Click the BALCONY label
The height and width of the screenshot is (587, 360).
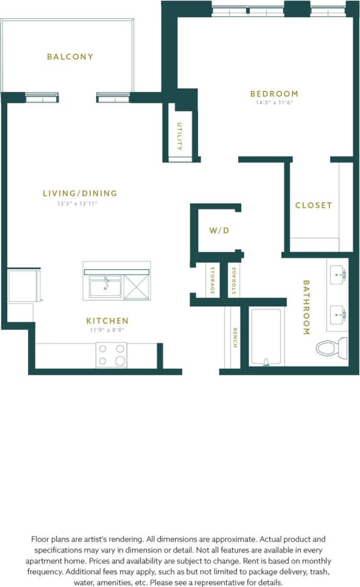(70, 57)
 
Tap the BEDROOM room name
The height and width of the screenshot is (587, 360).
(274, 94)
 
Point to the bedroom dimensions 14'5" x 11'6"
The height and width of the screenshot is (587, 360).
(274, 103)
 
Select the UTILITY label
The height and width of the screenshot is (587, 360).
(180, 136)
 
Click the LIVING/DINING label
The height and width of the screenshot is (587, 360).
(80, 194)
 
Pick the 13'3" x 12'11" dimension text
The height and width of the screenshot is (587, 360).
(77, 203)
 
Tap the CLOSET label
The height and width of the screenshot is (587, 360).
(314, 205)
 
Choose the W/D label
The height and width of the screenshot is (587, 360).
(218, 231)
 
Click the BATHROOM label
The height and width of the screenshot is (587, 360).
(306, 308)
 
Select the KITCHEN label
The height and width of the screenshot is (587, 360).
(107, 321)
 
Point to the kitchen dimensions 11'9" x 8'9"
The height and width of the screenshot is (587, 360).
(107, 330)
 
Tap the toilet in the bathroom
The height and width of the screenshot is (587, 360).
(331, 348)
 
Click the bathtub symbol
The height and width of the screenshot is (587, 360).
(266, 337)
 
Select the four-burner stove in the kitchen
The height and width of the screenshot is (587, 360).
(111, 355)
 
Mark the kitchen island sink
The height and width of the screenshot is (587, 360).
(105, 286)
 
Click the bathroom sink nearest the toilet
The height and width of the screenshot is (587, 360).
(339, 315)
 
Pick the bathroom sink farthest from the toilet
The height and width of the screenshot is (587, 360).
(339, 275)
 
